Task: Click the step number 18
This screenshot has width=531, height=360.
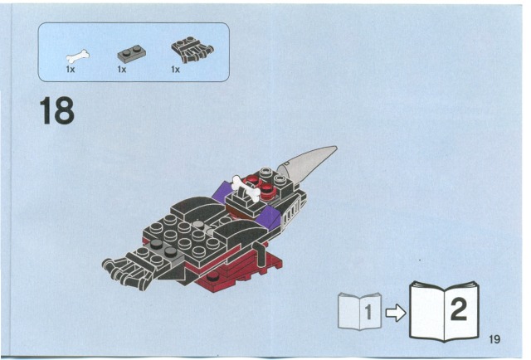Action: (57, 111)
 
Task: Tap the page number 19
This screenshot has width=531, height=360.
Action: (494, 339)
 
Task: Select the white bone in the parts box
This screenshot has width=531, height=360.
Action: (77, 56)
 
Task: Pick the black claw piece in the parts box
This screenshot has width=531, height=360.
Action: (192, 50)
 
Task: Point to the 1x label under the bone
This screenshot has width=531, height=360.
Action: (70, 70)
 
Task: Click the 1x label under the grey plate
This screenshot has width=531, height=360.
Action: (122, 70)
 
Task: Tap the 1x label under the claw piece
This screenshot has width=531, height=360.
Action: (175, 70)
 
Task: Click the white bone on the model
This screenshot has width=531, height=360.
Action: (246, 187)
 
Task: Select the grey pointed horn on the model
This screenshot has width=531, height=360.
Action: (306, 164)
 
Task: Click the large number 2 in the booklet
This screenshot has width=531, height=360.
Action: (459, 309)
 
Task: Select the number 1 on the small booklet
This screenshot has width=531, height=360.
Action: (368, 312)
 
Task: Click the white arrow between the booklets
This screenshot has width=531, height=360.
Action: (396, 313)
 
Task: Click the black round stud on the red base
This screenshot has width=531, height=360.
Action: (212, 276)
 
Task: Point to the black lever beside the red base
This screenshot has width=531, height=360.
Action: (261, 254)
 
